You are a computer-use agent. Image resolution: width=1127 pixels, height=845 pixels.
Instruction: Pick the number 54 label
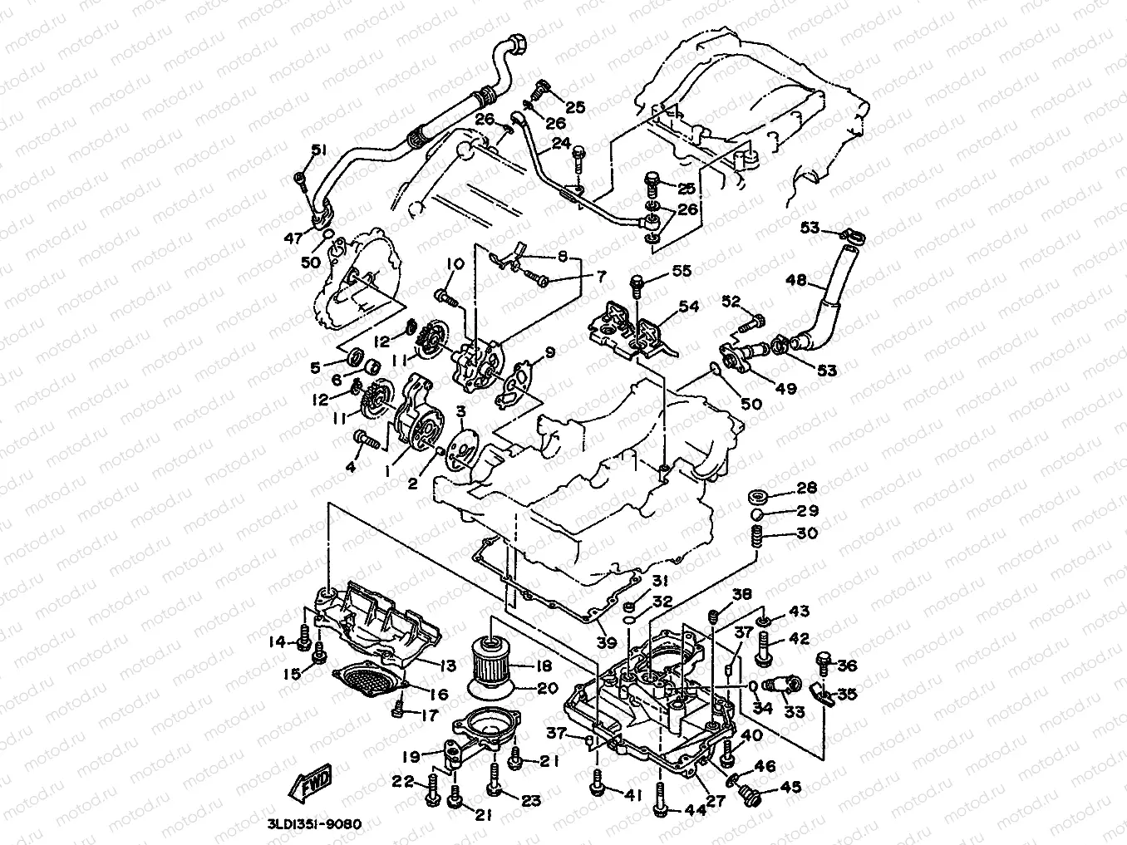[x=689, y=307]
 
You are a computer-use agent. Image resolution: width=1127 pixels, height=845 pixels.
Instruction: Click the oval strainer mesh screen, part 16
[x=369, y=686]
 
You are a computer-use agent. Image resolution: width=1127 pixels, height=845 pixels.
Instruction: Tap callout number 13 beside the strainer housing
[x=449, y=665]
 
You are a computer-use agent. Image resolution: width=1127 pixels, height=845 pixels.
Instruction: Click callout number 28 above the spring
[x=807, y=488]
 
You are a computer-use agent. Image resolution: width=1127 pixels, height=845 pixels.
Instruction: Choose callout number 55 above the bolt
[x=682, y=271]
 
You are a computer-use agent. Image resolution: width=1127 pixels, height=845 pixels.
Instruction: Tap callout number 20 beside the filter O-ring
[x=548, y=687]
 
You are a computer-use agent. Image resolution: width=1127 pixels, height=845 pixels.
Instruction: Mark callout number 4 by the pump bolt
[x=349, y=468]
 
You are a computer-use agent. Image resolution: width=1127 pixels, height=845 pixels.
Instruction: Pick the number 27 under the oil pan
[x=715, y=802]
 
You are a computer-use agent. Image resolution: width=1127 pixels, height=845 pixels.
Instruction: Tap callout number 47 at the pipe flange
[x=292, y=238]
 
